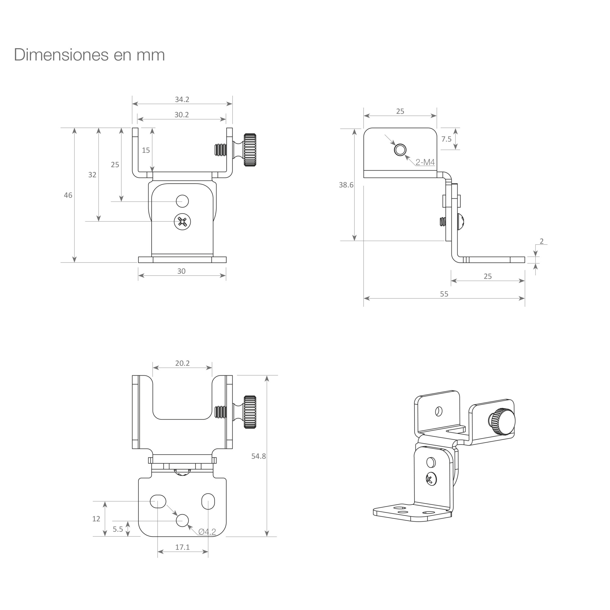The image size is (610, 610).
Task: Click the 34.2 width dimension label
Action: point(182,99)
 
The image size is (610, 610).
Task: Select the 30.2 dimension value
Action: point(181,115)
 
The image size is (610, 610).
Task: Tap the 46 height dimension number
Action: point(68,195)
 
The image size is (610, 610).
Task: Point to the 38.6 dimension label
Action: point(346,185)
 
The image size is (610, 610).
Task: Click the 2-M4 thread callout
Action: point(425,162)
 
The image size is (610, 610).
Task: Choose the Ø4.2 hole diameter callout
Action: point(207,532)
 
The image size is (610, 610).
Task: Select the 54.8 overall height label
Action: point(259,456)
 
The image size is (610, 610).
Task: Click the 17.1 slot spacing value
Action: point(182,547)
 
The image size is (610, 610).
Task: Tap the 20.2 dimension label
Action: point(182,363)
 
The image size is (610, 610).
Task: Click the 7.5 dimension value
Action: point(447,139)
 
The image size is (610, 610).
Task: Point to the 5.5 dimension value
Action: point(118,529)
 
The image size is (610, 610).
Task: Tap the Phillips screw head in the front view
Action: point(182,222)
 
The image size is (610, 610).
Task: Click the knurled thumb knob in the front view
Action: point(249,150)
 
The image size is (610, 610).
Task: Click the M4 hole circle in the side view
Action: point(400,150)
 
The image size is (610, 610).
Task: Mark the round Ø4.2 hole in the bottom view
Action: point(182,520)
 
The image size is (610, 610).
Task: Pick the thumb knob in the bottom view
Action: point(250,412)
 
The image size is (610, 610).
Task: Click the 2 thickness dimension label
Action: point(542,241)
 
